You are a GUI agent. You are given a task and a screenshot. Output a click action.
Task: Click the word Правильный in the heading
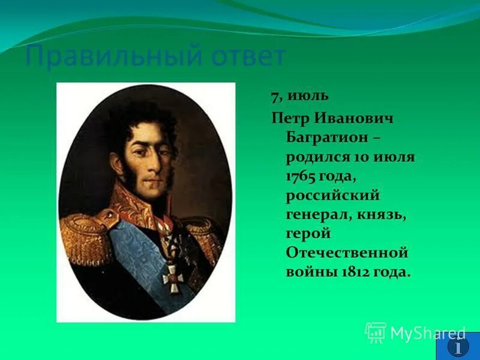coord(106,58)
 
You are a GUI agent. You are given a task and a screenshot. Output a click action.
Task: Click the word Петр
coord(291,117)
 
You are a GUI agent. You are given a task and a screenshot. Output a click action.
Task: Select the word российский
coord(332,196)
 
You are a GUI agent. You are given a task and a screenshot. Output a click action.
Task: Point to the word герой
coord(308,234)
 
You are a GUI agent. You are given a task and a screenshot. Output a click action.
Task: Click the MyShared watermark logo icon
coord(376,332)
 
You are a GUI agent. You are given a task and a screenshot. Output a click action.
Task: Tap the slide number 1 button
coord(458,346)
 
